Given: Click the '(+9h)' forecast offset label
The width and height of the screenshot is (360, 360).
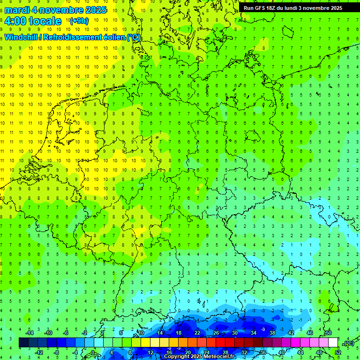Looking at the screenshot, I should tap(78, 21).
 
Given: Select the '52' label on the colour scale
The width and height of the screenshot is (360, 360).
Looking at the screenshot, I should tap(338, 352).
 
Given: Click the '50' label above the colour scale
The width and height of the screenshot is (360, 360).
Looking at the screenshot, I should tap(328, 333).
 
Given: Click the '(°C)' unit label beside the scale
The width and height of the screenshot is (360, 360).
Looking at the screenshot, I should tap(349, 343).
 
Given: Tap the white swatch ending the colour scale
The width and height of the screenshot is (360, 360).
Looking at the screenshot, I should tap(333, 343).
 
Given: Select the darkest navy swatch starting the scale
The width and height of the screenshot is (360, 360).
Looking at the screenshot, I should tap(23, 343).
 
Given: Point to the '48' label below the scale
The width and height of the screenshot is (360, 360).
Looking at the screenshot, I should tap(319, 352).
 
